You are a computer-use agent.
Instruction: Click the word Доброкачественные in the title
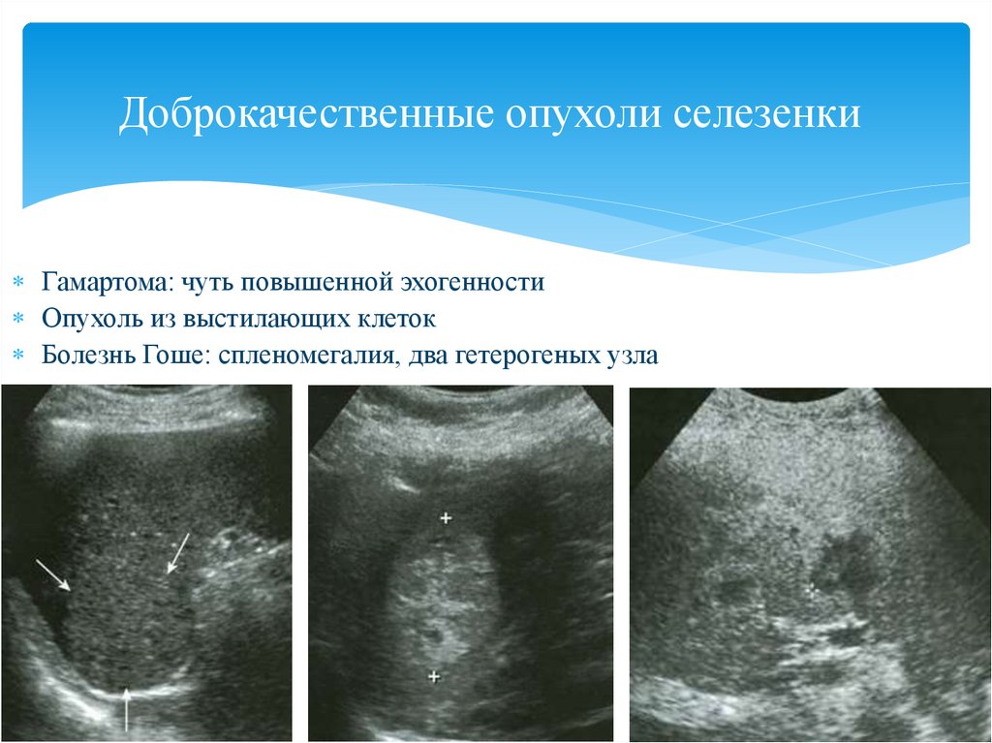(306, 114)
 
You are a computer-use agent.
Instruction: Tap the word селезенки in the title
(766, 114)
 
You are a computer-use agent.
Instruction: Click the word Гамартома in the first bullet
(107, 282)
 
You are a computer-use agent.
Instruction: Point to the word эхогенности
(472, 282)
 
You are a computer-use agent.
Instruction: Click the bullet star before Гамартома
(18, 281)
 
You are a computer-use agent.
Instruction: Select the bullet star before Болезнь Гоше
(18, 355)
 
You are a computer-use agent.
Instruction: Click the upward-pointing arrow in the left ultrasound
(127, 708)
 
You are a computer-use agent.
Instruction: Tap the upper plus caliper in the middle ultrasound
(446, 518)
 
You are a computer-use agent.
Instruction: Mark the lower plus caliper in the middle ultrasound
(434, 676)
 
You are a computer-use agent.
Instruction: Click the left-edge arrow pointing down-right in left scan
(53, 574)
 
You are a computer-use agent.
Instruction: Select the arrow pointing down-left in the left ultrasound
(178, 553)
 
